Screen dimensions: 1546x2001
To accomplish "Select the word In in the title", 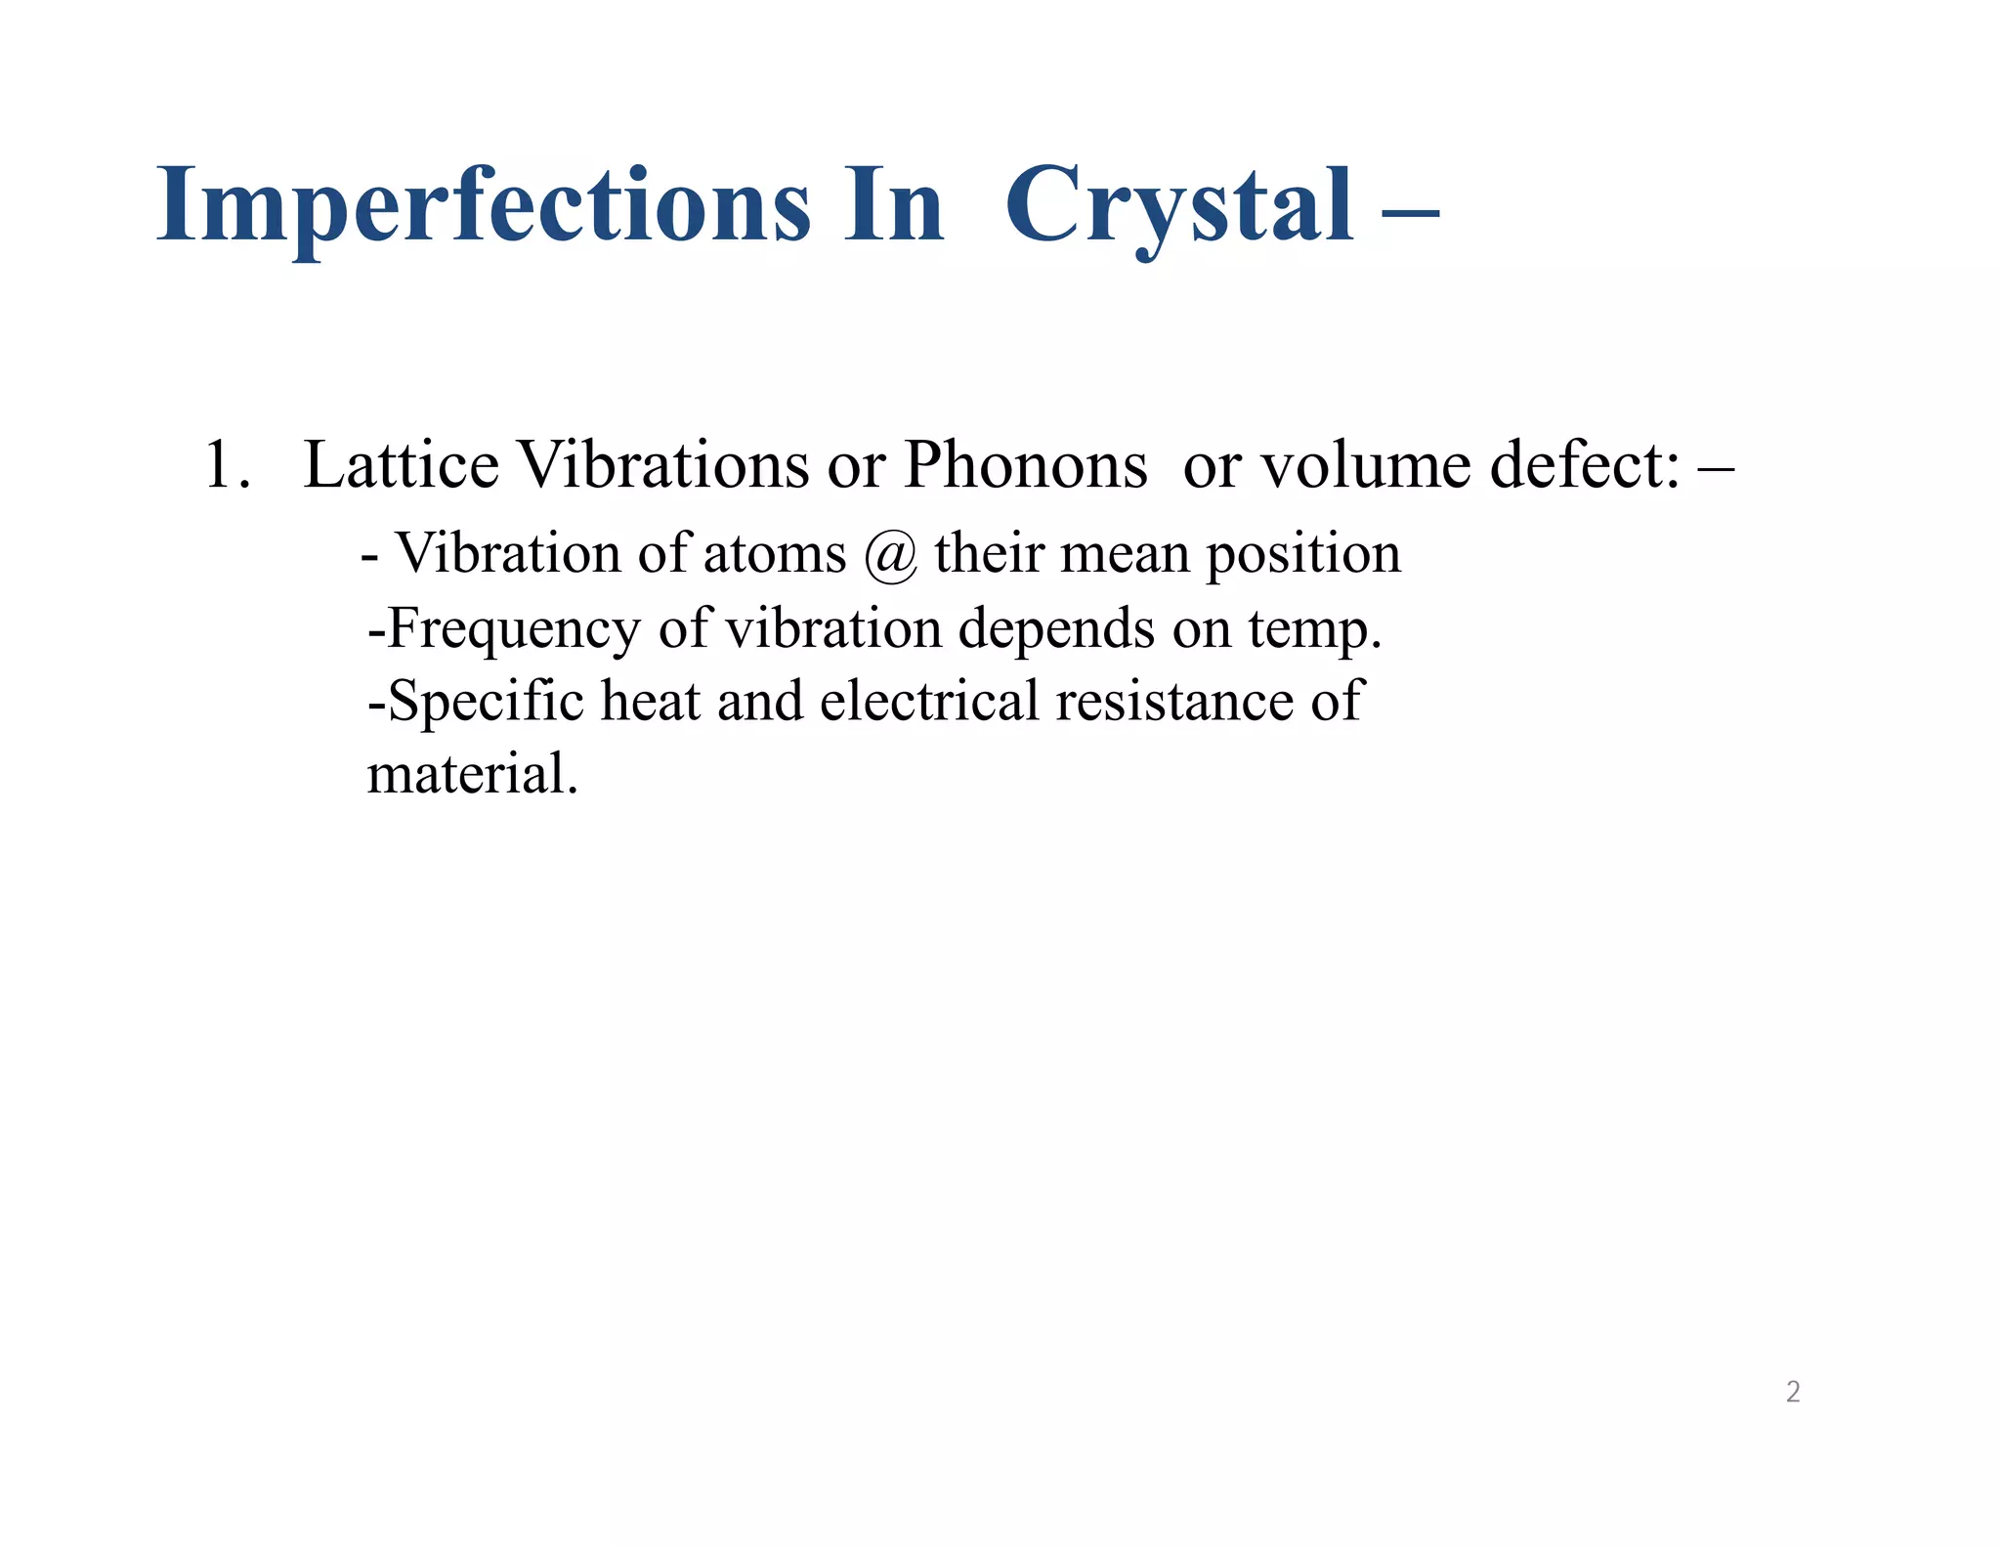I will click(x=894, y=205).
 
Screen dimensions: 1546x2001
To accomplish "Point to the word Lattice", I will click(x=402, y=465).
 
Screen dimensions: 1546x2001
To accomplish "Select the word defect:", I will click(x=1585, y=465).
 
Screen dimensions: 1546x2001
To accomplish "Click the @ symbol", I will click(x=890, y=555).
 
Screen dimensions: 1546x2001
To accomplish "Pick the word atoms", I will click(x=774, y=554).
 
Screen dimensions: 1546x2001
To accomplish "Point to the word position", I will click(x=1303, y=555).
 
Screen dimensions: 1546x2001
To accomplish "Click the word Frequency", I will click(x=514, y=629).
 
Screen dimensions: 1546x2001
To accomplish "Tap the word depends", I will click(x=1056, y=628).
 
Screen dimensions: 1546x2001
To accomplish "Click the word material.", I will click(x=473, y=775).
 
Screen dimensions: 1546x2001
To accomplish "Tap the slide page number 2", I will click(x=1793, y=1392).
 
